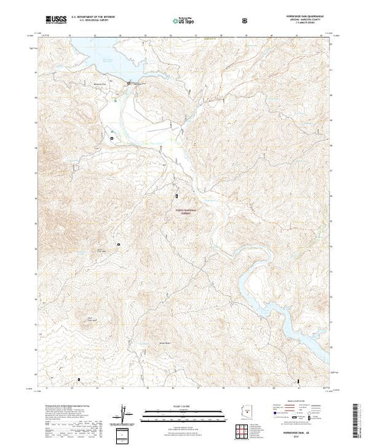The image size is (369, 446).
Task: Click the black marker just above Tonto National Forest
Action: point(177,194)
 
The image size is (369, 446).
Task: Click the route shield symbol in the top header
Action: point(244,19)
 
